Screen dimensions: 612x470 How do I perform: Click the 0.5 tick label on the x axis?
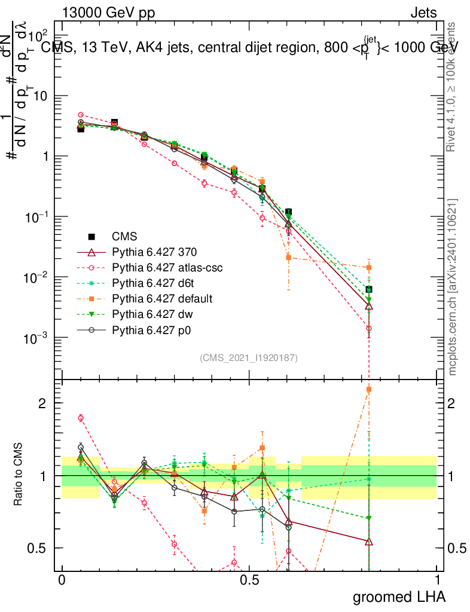(249, 580)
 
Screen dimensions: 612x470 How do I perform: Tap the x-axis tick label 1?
(437, 580)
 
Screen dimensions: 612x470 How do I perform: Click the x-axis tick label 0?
(62, 580)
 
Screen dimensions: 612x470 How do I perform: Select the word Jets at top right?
(423, 13)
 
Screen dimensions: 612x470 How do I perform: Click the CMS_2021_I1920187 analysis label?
(249, 357)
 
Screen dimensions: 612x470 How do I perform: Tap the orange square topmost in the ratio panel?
(369, 389)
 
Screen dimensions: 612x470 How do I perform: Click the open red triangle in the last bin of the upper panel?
(369, 306)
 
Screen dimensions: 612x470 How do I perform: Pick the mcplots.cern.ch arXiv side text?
(453, 287)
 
